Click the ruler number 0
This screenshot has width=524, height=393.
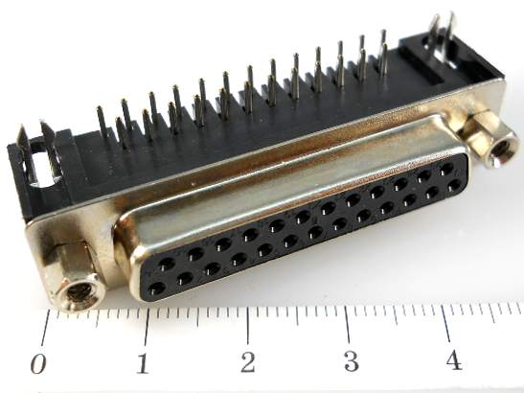38,363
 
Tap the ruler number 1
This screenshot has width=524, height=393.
143,363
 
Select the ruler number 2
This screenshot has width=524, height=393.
247,362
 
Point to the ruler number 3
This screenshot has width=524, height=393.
351,361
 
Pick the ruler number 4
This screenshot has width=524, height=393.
454,359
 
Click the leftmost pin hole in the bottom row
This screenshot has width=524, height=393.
157,289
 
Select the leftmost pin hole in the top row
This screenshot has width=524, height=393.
166,264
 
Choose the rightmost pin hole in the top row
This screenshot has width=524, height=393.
446,168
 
